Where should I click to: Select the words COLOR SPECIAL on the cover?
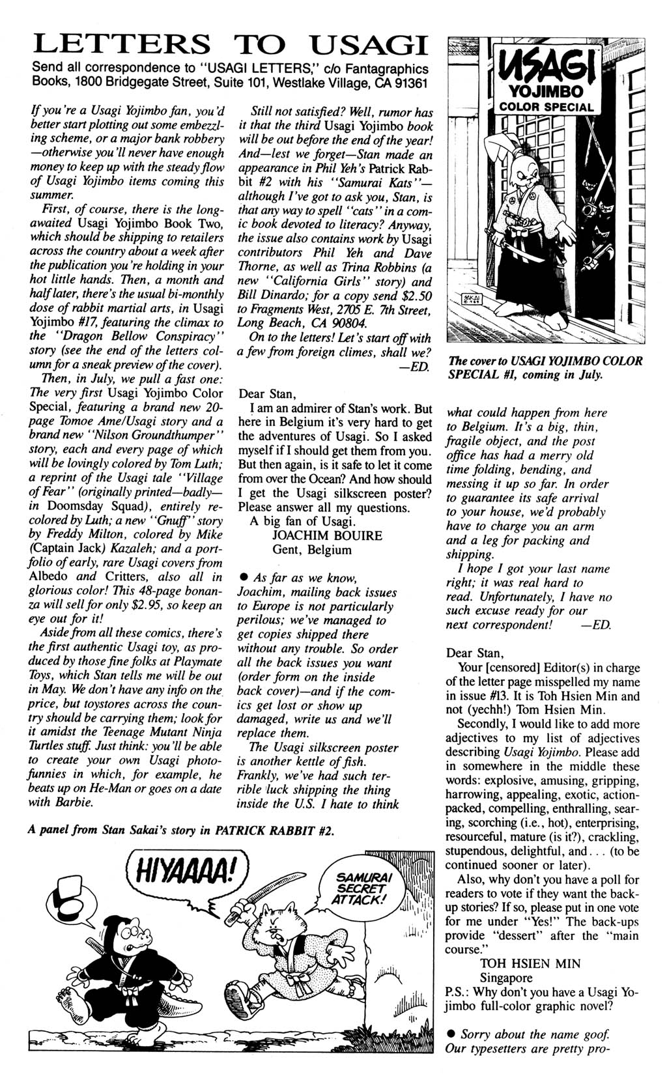click(x=546, y=107)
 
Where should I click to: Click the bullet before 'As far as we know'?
click(x=243, y=578)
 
